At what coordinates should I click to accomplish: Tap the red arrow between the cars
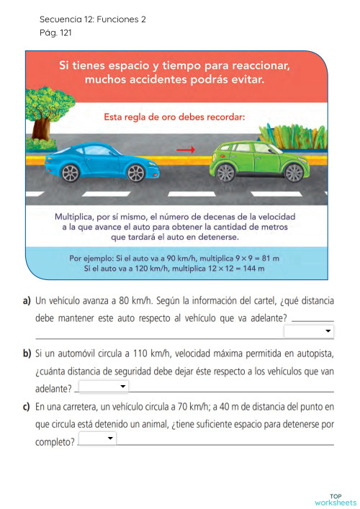point(186,150)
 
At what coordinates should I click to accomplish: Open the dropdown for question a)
point(309,331)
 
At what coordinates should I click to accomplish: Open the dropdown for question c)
point(96,438)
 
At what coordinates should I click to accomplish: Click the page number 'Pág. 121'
point(55,32)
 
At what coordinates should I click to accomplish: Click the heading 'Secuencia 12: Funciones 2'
point(93,19)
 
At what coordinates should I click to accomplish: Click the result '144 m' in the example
point(252,269)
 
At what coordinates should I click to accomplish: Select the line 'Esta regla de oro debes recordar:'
point(174,115)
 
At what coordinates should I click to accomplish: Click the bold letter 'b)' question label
point(27,353)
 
